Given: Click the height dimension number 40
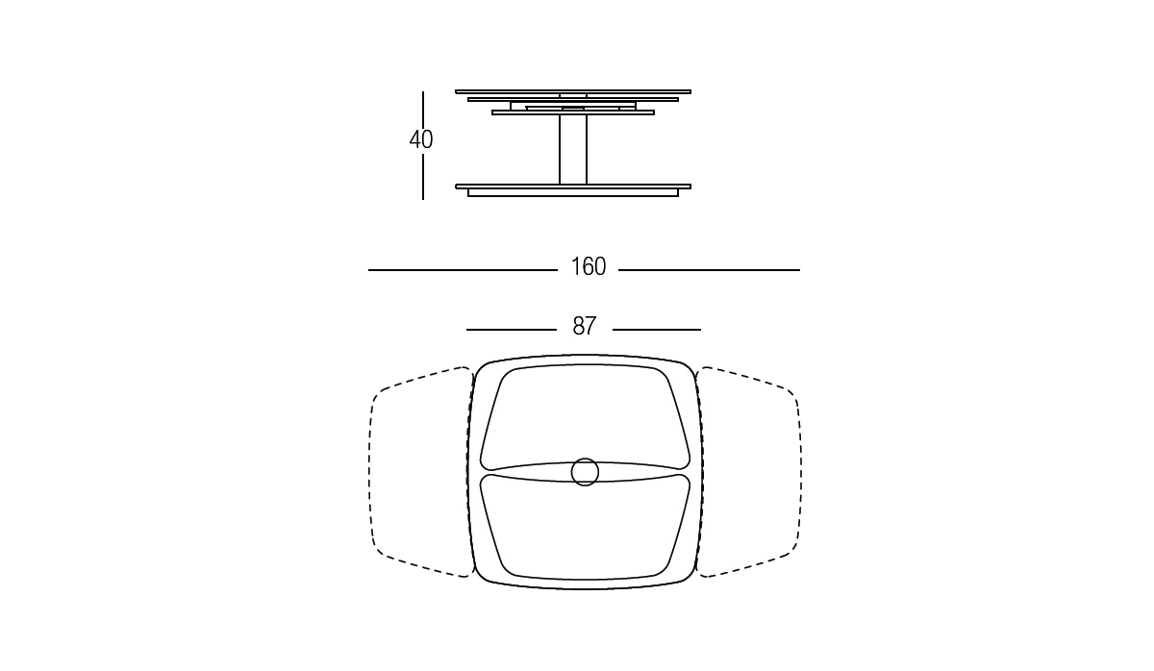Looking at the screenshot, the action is coord(421,139).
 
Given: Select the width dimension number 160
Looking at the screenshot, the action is coord(588,266).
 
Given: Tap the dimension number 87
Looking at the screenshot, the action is coord(585,326).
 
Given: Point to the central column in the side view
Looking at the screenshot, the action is coord(573,149).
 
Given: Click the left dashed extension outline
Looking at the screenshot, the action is coord(369,472).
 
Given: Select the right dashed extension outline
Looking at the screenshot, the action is coord(801,472).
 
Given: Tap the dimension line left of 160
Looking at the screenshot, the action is coord(463,270).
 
